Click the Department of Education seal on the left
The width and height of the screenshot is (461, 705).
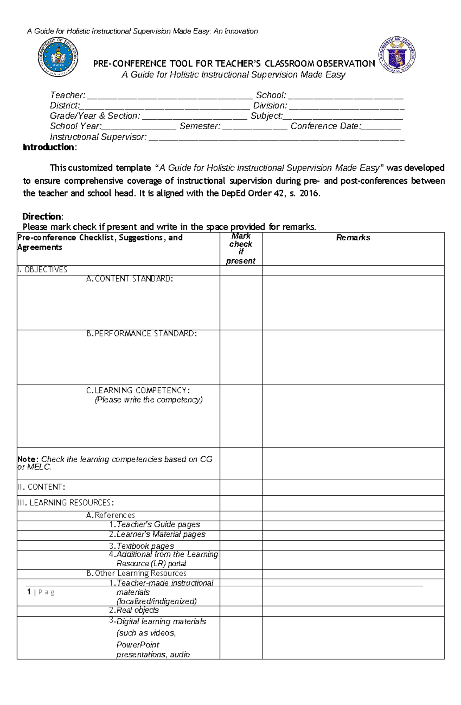pos(58,57)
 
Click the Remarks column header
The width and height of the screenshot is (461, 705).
pos(353,238)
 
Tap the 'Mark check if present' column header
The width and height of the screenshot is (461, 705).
pos(241,248)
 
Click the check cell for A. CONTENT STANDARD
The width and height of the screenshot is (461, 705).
pos(241,302)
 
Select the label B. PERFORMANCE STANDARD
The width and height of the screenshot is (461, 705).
pos(141,334)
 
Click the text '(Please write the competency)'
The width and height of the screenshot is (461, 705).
pos(149,400)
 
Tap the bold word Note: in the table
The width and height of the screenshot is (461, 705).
pos(28,459)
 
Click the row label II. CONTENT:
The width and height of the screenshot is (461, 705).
pos(41,487)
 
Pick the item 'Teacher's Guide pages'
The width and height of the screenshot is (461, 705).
pos(158,525)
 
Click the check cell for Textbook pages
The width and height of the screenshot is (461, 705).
pos(241,546)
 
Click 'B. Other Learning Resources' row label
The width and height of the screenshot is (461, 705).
pos(136,574)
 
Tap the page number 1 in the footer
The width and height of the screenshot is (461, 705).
pos(29,592)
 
